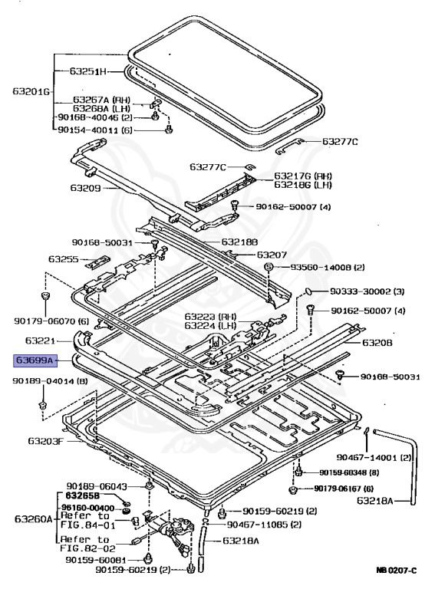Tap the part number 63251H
point(88,72)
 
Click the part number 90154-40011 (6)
point(95,130)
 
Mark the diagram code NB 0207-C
point(396,571)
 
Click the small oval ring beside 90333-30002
point(308,291)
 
